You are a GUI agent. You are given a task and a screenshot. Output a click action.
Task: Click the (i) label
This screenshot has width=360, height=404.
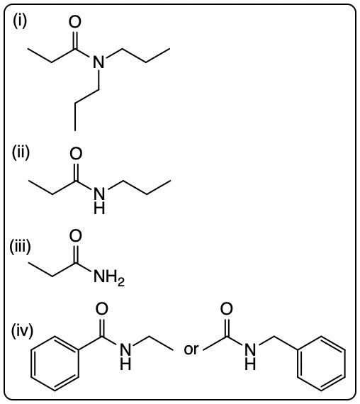[x=20, y=21]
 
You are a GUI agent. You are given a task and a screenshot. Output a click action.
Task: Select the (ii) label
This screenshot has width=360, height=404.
[x=21, y=152]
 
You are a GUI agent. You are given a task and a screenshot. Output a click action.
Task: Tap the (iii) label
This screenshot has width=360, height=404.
[x=20, y=247]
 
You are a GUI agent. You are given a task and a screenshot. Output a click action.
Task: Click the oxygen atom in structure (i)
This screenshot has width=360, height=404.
[x=74, y=22]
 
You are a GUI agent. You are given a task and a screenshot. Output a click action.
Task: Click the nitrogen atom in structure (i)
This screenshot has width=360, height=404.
[x=99, y=62]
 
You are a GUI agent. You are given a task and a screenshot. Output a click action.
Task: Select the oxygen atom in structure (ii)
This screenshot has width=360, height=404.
[x=76, y=153]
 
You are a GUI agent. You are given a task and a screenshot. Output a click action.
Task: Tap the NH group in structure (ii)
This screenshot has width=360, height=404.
[x=99, y=201]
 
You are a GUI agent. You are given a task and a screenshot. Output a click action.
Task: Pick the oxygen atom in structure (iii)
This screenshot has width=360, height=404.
[x=76, y=236]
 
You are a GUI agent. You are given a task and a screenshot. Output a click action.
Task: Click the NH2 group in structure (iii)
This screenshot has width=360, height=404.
[x=109, y=277]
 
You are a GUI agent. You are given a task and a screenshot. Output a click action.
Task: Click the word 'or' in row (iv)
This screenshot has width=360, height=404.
[x=191, y=349]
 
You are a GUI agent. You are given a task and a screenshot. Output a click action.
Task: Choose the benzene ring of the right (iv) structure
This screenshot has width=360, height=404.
[x=321, y=364]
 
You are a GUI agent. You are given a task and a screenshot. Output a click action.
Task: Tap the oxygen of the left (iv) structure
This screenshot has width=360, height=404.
[x=102, y=309]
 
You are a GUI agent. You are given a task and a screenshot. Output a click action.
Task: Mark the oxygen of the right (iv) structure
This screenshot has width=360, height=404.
[x=227, y=309]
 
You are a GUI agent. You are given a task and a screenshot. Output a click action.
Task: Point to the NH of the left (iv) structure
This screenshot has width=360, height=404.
[x=125, y=357]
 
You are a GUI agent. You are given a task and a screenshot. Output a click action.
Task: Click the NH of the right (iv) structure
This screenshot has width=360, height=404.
[x=250, y=357]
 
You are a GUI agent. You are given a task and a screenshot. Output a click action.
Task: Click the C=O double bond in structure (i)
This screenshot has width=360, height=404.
[x=74, y=40]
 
